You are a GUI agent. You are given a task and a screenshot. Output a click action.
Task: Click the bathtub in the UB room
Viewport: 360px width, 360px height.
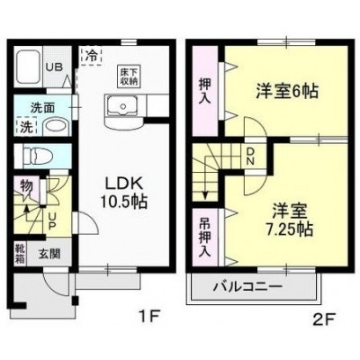pos(29,67)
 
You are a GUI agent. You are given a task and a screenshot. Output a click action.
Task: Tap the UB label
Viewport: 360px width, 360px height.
pos(54,67)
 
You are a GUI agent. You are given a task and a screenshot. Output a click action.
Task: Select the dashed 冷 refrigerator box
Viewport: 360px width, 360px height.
pos(92,56)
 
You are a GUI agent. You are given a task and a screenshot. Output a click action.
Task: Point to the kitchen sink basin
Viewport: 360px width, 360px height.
pos(122,105)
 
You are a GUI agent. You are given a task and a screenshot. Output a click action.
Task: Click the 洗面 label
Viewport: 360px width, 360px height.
pos(42,108)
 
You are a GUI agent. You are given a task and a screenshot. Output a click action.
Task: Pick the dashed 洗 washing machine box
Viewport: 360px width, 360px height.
pos(26,126)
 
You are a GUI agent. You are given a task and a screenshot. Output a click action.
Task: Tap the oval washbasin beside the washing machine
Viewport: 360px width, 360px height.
pos(56,128)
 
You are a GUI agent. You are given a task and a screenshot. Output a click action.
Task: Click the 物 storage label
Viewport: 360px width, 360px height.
pos(26,186)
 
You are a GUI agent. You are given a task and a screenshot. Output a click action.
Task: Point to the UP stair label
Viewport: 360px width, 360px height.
pos(51,221)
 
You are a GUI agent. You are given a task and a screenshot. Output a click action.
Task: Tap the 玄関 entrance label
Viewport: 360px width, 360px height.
pos(49,254)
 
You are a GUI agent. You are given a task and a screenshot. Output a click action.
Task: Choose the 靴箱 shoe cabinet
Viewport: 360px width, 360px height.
pos(21,254)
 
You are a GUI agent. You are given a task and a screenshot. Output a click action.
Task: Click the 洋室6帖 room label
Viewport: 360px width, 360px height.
pos(287,91)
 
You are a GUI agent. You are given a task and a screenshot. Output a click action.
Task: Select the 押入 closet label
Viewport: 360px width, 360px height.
pos(205,91)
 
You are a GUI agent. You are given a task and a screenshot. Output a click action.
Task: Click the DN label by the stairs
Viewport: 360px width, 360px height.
pos(250,157)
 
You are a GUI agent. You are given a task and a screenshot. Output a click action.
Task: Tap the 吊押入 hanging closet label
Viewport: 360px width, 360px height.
pos(205,237)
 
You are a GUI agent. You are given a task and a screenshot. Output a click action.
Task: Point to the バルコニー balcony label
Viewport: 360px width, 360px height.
pos(247,287)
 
